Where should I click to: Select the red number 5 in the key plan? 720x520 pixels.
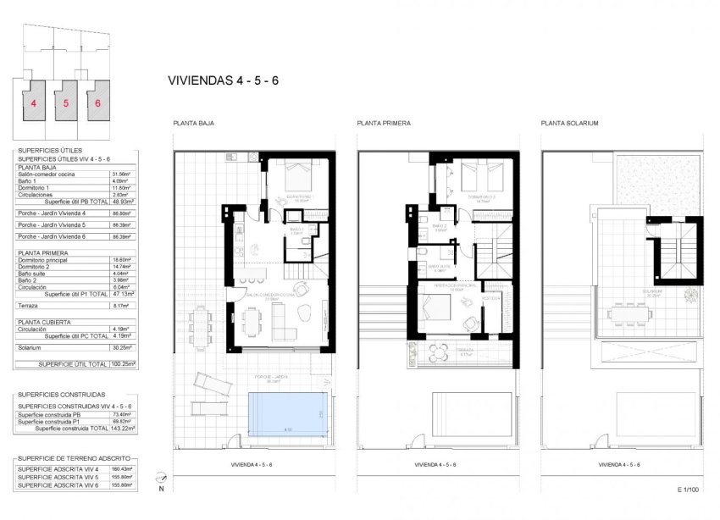[66, 102]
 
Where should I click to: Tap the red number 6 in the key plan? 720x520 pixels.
[97, 102]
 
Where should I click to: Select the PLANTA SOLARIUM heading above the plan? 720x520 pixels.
[569, 123]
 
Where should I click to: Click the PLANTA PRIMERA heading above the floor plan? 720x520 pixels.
[384, 123]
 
